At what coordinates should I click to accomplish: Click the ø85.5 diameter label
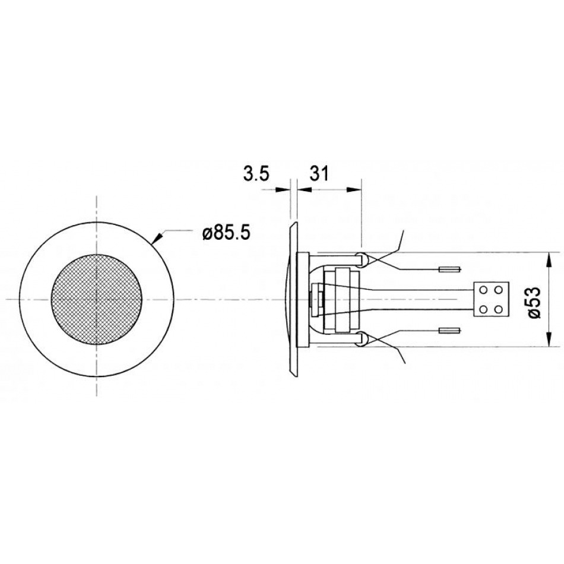[225, 233]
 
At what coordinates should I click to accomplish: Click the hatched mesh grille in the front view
[96, 300]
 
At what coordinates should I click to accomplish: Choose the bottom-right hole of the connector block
[499, 309]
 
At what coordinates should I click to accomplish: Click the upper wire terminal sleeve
[449, 269]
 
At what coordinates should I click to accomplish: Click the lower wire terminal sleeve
[449, 330]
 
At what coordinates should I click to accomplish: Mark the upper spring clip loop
[362, 258]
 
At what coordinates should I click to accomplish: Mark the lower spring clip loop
[362, 340]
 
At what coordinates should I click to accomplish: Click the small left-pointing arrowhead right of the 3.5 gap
[298, 189]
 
